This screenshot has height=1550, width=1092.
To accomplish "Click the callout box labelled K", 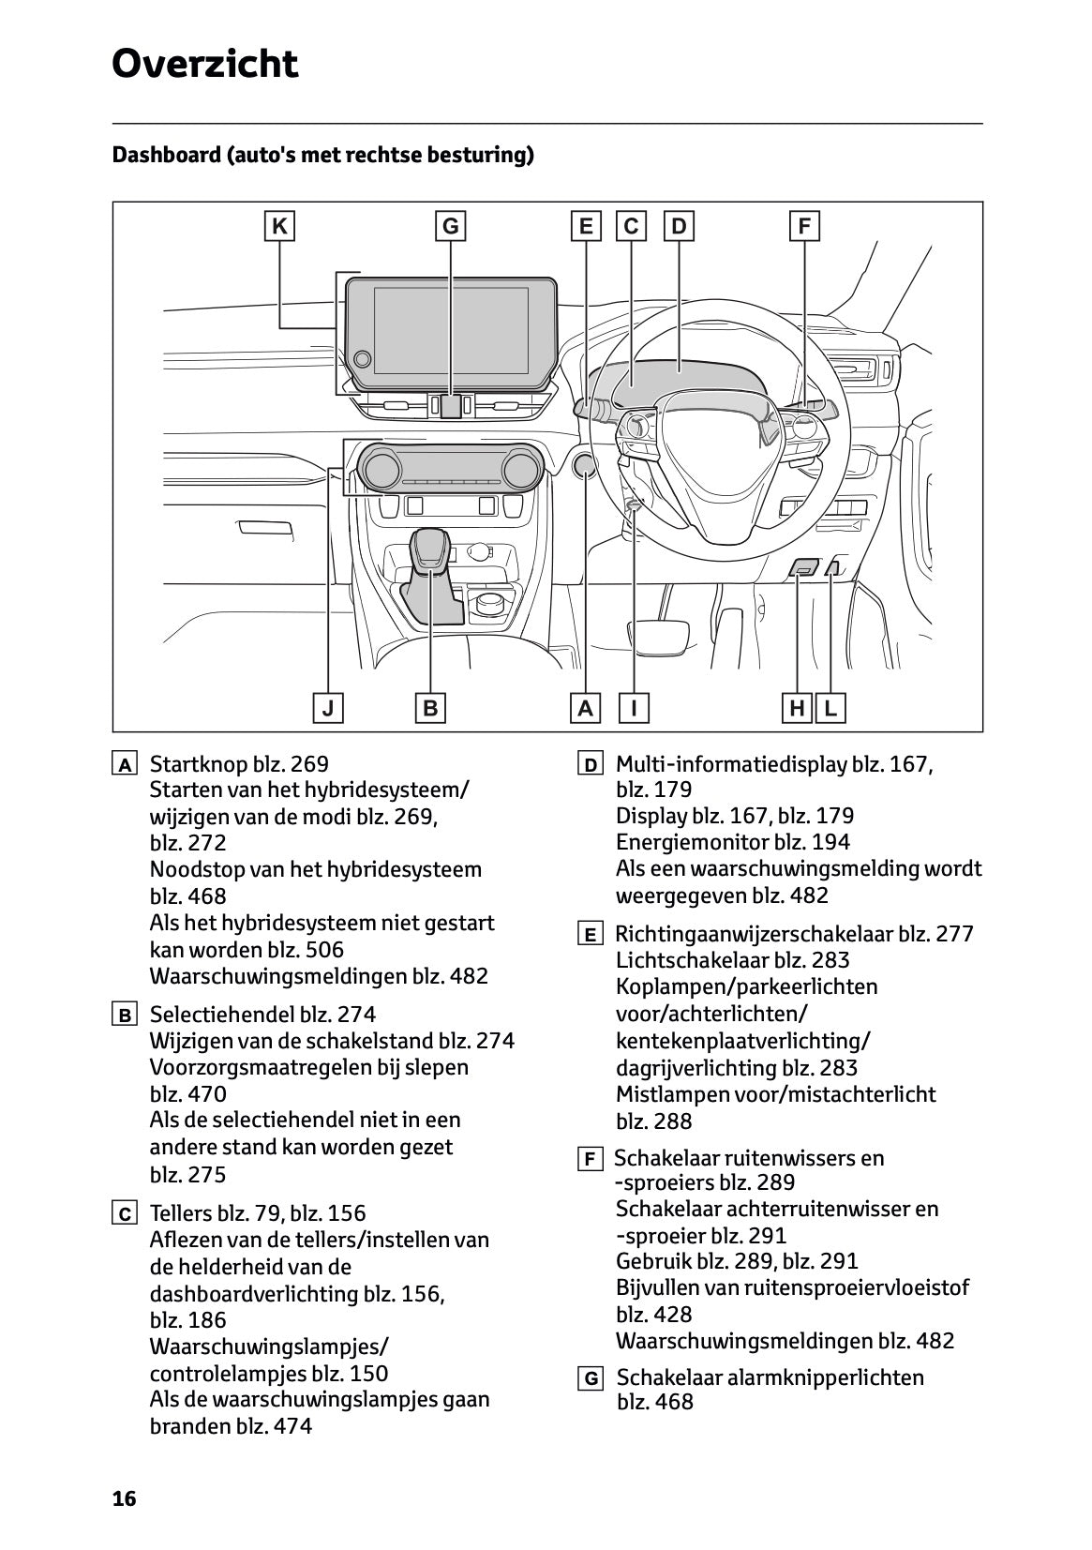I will (x=279, y=227).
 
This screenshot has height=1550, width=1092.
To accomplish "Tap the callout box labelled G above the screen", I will (x=451, y=227).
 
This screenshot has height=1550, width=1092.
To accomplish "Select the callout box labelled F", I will (x=804, y=227).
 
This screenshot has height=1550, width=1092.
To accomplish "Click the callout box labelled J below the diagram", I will (x=328, y=708).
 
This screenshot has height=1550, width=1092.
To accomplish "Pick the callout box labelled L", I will (x=830, y=708).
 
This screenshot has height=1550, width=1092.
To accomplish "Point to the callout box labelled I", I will (x=635, y=708).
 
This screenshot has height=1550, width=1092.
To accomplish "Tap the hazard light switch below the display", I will (x=451, y=406).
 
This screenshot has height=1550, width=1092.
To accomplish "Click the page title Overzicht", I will (x=204, y=64).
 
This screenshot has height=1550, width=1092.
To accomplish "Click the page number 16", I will (x=124, y=1498).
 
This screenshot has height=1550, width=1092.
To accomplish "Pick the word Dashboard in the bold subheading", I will (x=165, y=155).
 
